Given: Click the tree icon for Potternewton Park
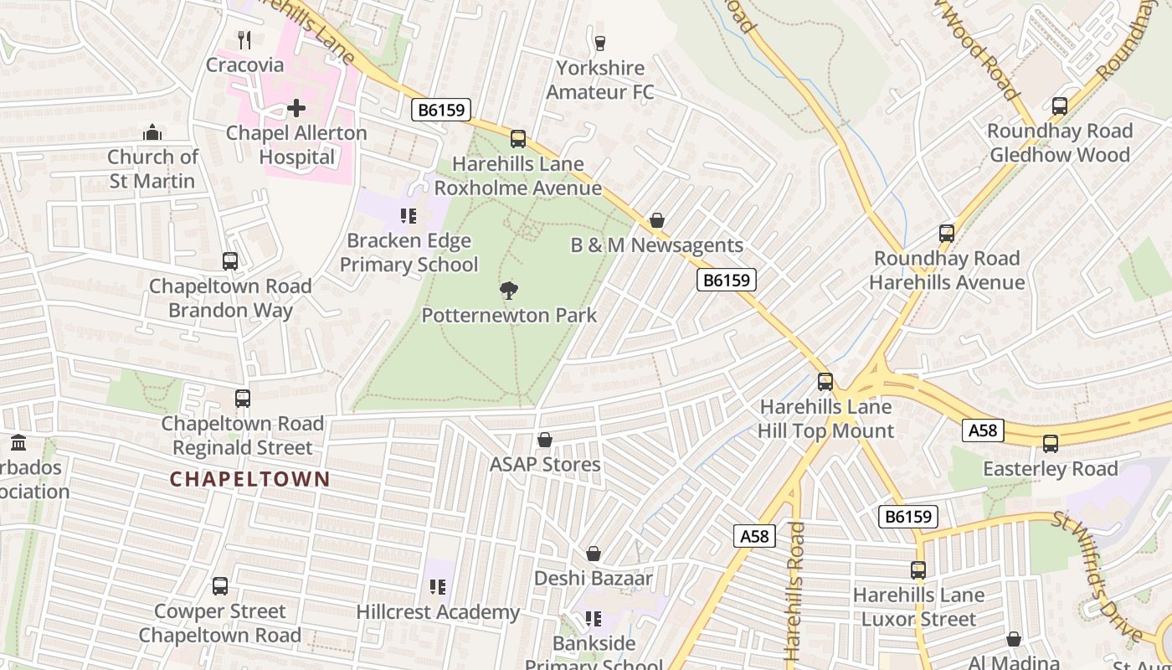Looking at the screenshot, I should (x=508, y=291).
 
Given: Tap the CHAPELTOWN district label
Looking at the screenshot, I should (x=249, y=479).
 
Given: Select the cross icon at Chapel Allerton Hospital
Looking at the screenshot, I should (x=296, y=108).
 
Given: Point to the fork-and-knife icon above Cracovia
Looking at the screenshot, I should (x=244, y=39).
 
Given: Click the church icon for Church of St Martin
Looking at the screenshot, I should (x=152, y=132).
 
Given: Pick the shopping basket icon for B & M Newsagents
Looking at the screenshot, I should (x=657, y=220).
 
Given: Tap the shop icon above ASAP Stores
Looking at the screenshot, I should (x=545, y=440).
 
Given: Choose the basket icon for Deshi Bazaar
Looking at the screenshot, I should (x=594, y=554).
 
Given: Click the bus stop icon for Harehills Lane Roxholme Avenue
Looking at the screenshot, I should (x=518, y=139).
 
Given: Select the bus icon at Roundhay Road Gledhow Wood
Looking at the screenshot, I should (x=1060, y=106).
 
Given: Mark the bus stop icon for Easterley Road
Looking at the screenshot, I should (x=1051, y=444).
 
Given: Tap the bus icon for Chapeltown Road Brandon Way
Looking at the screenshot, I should (x=230, y=261).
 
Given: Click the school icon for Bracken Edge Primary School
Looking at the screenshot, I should (x=409, y=216).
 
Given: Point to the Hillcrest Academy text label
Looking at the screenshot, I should (x=438, y=612).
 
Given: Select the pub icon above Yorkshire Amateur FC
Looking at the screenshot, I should (x=599, y=43).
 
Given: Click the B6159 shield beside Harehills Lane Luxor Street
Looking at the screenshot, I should (x=908, y=517).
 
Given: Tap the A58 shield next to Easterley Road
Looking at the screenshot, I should (x=983, y=430).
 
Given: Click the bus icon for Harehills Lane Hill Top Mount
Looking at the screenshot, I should (x=825, y=382).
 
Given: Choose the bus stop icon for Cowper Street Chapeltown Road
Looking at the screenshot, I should (x=220, y=586).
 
